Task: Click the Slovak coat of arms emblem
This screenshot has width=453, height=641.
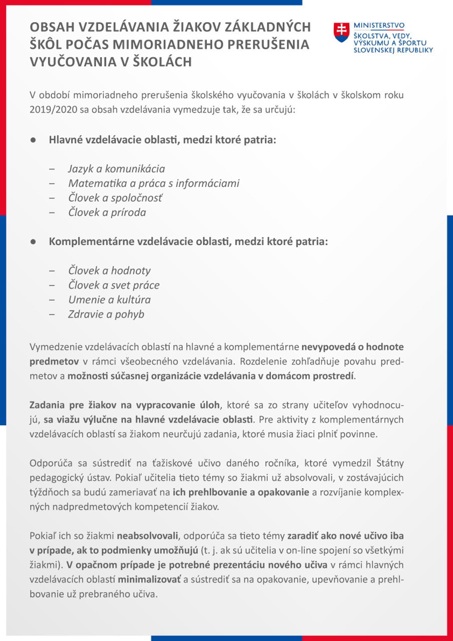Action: tap(341, 32)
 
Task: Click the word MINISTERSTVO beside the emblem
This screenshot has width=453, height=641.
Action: tap(379, 25)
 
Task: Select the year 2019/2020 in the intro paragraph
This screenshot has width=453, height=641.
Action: tap(53, 110)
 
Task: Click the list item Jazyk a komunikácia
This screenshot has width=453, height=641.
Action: tap(117, 169)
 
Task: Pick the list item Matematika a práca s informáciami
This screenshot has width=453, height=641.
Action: tap(154, 183)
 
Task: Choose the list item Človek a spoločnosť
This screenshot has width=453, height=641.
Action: tap(115, 198)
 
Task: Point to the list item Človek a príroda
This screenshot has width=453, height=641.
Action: tap(107, 212)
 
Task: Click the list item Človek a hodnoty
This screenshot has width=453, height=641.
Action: tap(109, 270)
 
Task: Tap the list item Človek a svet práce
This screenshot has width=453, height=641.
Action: tap(114, 285)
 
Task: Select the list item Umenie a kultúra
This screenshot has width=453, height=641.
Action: tap(109, 299)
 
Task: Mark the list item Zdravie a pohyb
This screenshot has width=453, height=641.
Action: tap(106, 314)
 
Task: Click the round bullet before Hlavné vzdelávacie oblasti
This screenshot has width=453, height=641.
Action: tap(33, 140)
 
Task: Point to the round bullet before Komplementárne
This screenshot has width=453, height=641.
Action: tap(33, 242)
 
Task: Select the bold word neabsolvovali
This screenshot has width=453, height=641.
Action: tap(147, 536)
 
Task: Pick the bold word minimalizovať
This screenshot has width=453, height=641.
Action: tap(149, 579)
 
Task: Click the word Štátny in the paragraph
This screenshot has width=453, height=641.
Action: tap(390, 463)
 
